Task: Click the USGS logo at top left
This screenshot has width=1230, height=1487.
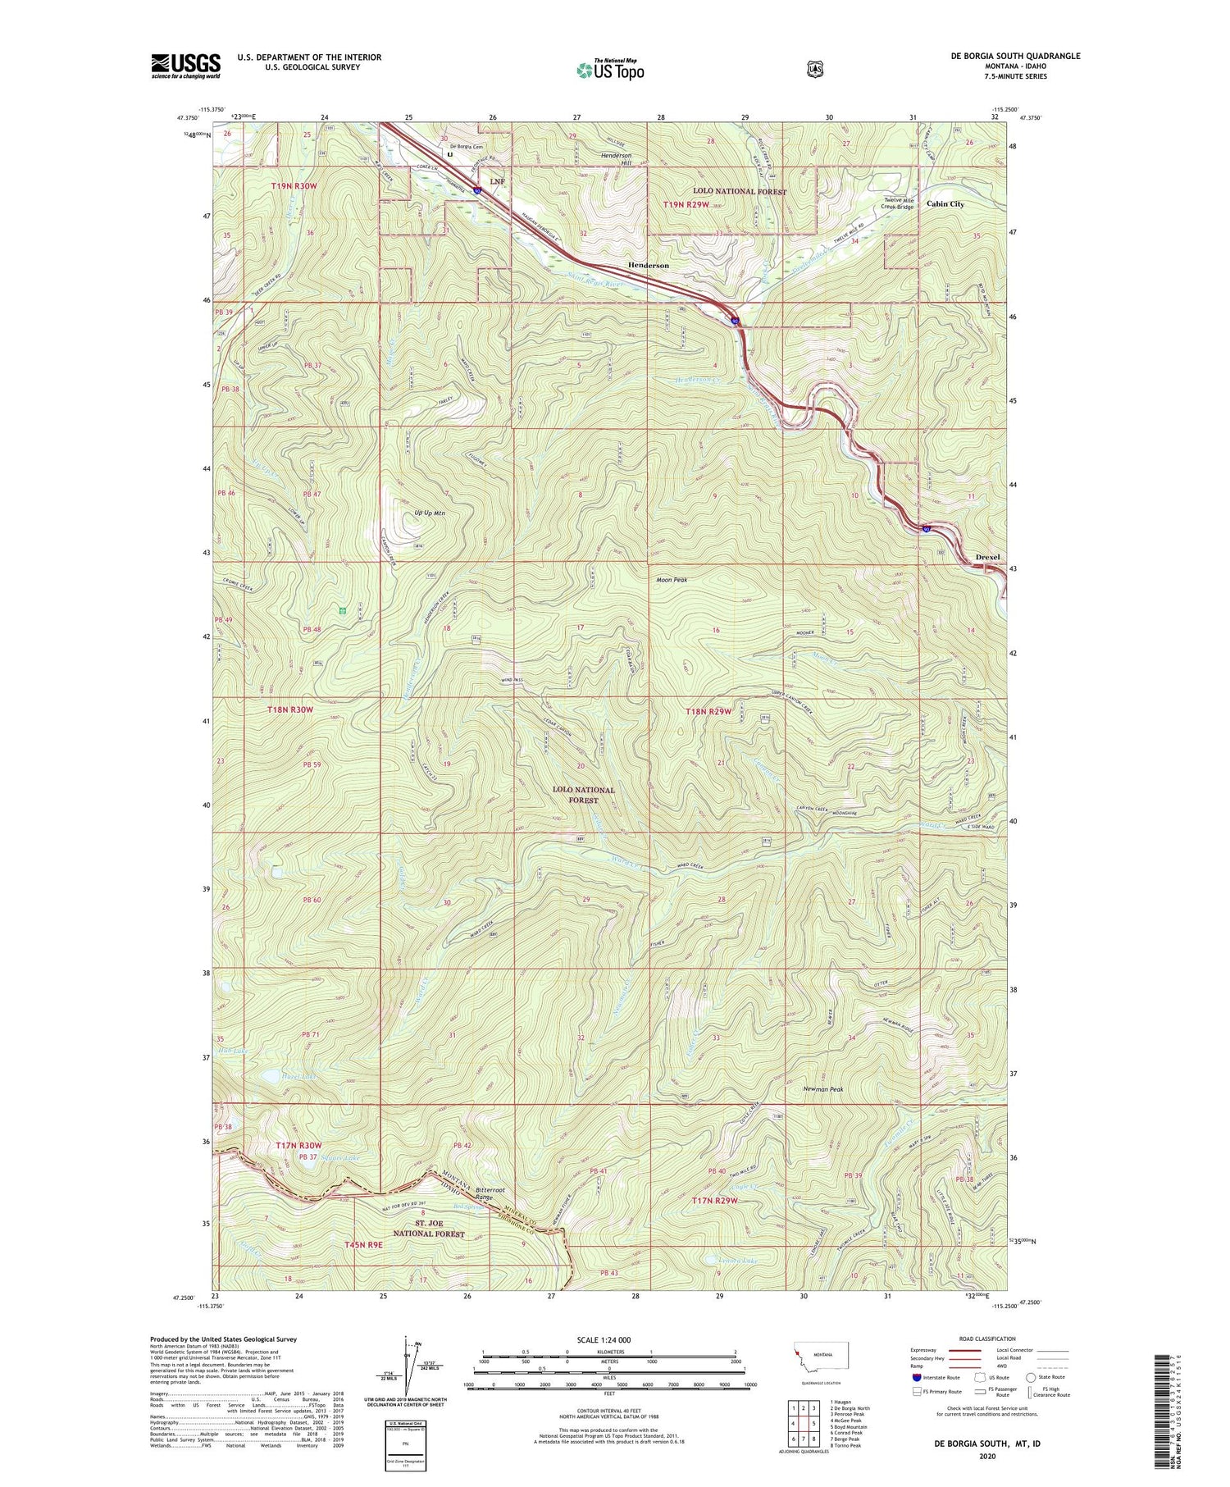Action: point(185,66)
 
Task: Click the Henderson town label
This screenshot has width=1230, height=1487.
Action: point(648,266)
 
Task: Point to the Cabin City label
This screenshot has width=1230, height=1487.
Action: point(945,204)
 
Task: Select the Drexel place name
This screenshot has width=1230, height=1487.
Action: point(987,558)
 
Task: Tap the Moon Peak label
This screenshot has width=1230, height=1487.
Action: point(671,580)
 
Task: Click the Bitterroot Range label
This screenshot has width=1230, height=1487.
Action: point(484,1193)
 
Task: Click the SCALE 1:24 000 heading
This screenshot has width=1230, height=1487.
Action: point(604,1340)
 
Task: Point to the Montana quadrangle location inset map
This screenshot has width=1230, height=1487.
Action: point(822,1360)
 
